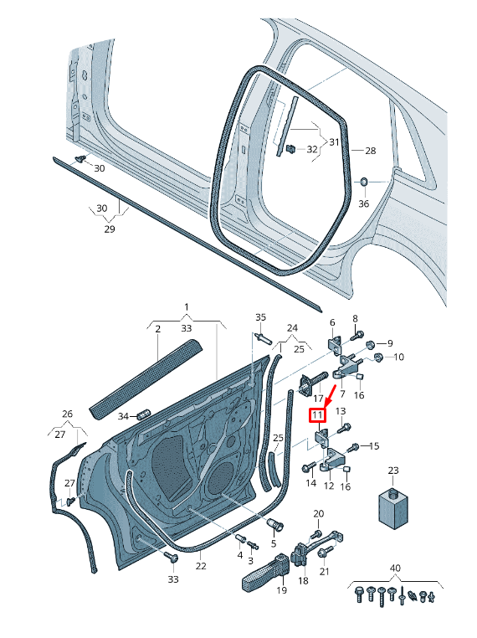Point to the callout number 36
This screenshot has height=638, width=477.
(363, 203)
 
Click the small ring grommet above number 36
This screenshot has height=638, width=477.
(364, 182)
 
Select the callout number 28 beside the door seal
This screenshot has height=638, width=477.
(369, 151)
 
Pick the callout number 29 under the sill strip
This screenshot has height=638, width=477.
(109, 228)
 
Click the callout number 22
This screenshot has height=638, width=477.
(201, 566)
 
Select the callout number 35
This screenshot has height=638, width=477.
(260, 317)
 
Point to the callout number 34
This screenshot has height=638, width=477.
(123, 416)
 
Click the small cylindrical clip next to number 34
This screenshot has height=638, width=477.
(141, 414)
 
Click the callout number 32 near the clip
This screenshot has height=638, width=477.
(311, 149)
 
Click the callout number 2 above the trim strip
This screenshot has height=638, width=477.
(156, 330)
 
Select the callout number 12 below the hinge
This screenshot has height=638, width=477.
(328, 486)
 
